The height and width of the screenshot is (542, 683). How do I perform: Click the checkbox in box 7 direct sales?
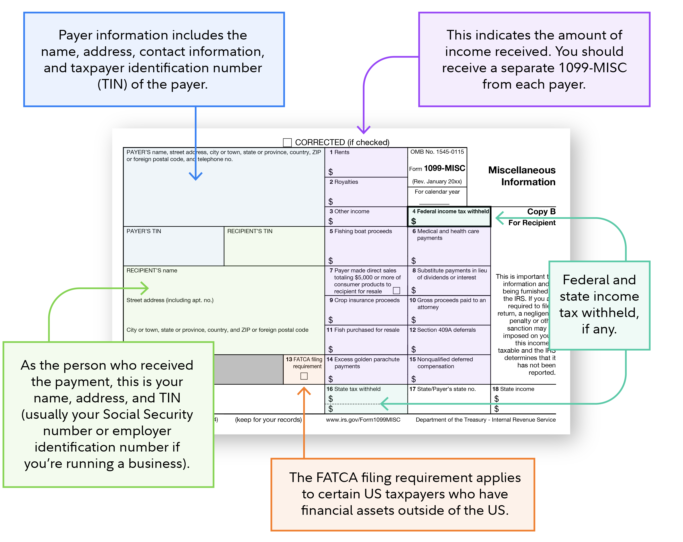point(396,290)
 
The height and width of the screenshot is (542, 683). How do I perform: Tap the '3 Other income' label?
point(349,211)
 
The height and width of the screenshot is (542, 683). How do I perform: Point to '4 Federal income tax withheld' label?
point(450,211)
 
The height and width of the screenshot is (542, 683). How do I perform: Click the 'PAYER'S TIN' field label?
point(144,231)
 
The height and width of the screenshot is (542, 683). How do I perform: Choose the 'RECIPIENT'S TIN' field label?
point(250,231)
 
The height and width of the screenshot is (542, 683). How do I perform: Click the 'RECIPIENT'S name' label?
point(152,270)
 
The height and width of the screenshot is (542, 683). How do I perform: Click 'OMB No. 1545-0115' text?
point(437,152)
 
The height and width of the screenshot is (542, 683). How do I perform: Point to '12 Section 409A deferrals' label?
point(442,330)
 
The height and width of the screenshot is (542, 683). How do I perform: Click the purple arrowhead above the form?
point(364,130)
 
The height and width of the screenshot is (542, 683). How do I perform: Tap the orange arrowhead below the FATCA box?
point(304,391)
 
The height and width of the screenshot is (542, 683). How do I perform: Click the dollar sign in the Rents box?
point(330,172)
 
